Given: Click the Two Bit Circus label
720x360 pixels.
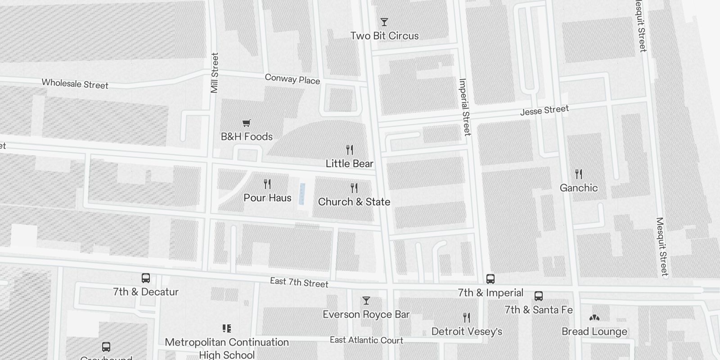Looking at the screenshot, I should coord(384,36).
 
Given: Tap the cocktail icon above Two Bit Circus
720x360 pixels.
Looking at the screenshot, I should coord(384,22).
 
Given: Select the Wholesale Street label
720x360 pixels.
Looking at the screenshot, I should coord(75,84).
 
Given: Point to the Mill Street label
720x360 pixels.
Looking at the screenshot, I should coord(215,73).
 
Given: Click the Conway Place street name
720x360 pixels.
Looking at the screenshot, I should coord(292,79).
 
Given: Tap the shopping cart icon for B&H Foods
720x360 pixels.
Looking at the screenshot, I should coord(246,123).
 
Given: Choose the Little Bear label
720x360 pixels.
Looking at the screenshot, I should coord(350,164).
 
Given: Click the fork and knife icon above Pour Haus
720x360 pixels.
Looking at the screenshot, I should coord(267,184).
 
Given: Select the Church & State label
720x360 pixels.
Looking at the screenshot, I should coord(354,202).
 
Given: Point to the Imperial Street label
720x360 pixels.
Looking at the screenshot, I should coord(465,107).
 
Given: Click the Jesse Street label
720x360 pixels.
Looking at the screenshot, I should coord(544,110).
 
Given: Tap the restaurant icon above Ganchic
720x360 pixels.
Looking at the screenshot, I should coord(579,174).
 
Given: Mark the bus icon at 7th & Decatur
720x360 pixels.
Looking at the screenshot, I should coord(146,278).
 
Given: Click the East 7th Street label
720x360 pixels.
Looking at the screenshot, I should coord(299,283).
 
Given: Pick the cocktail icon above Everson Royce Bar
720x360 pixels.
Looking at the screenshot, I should coord(366,301).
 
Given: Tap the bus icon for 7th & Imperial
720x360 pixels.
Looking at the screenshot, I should coord(490,279).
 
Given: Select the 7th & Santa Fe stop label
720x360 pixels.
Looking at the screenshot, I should coord(539,310).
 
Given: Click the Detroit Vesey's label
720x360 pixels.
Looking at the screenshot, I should coord(467,332).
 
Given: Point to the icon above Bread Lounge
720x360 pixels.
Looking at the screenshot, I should coord(594,318).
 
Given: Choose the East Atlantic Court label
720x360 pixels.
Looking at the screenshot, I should coord(366,340).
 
